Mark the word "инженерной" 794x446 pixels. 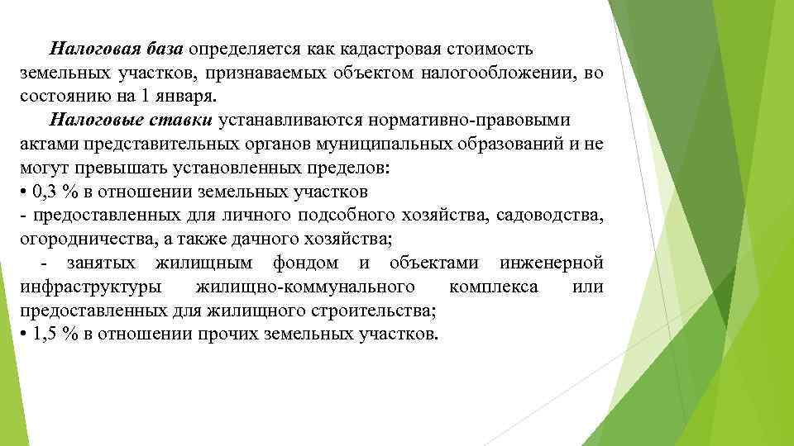[552, 263]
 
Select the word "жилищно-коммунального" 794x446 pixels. [306, 287]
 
